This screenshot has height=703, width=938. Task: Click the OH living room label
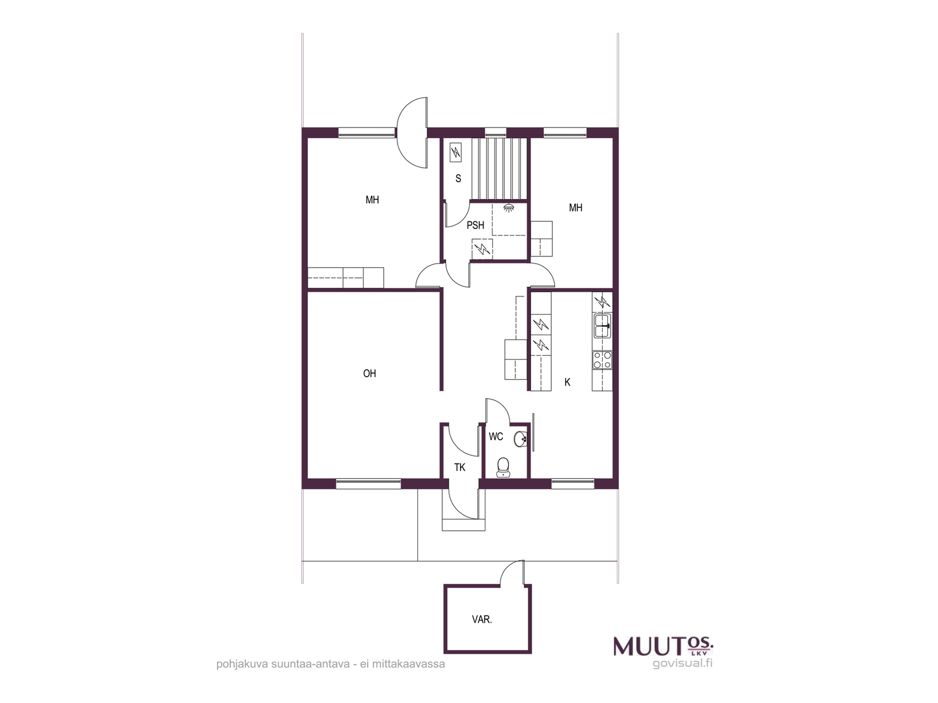369,374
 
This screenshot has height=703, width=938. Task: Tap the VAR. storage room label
482,620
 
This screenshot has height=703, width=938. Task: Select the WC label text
496,436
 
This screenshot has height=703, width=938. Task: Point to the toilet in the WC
502,467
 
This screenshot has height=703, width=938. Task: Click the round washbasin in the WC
520,439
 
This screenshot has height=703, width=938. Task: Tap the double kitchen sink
602,326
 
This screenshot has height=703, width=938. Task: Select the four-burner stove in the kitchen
602,360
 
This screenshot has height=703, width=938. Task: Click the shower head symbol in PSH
508,208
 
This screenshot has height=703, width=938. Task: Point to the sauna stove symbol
456,152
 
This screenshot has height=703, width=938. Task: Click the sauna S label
458,179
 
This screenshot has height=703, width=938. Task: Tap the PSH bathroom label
475,226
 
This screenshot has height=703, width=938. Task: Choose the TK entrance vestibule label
460,467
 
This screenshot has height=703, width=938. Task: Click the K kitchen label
567,382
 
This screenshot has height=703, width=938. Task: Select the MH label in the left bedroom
372,200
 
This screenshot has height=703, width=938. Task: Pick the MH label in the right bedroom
576,208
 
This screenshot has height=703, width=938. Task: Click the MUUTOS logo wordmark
663,646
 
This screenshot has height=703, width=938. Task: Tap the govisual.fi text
682,664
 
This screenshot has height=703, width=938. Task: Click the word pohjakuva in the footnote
242,664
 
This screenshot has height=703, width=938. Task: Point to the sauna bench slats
499,169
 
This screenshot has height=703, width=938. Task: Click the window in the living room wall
369,484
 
